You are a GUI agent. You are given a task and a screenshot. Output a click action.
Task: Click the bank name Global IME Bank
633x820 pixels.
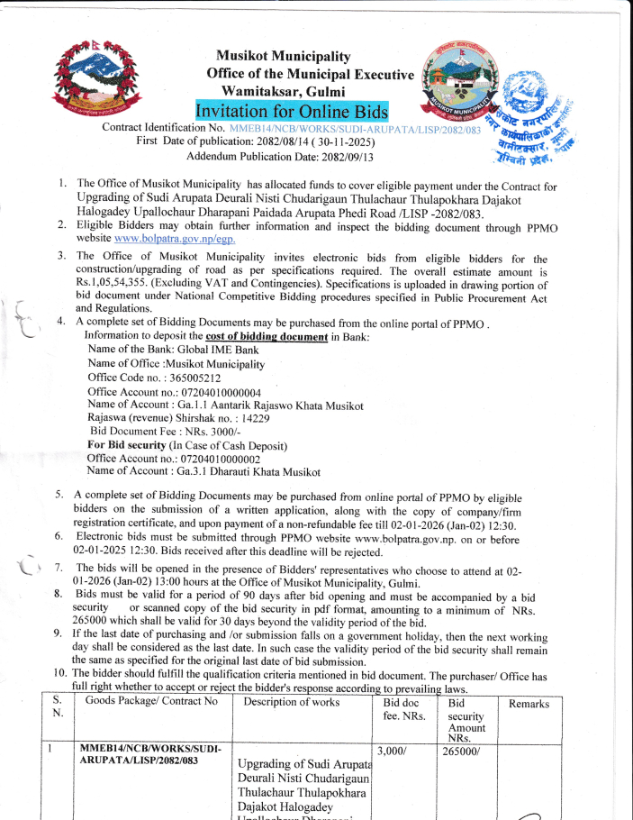[215, 350]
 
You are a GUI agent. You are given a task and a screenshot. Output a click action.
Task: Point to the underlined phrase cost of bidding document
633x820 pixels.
[267, 336]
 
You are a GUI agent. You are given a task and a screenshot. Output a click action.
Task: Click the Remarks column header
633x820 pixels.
[529, 704]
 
